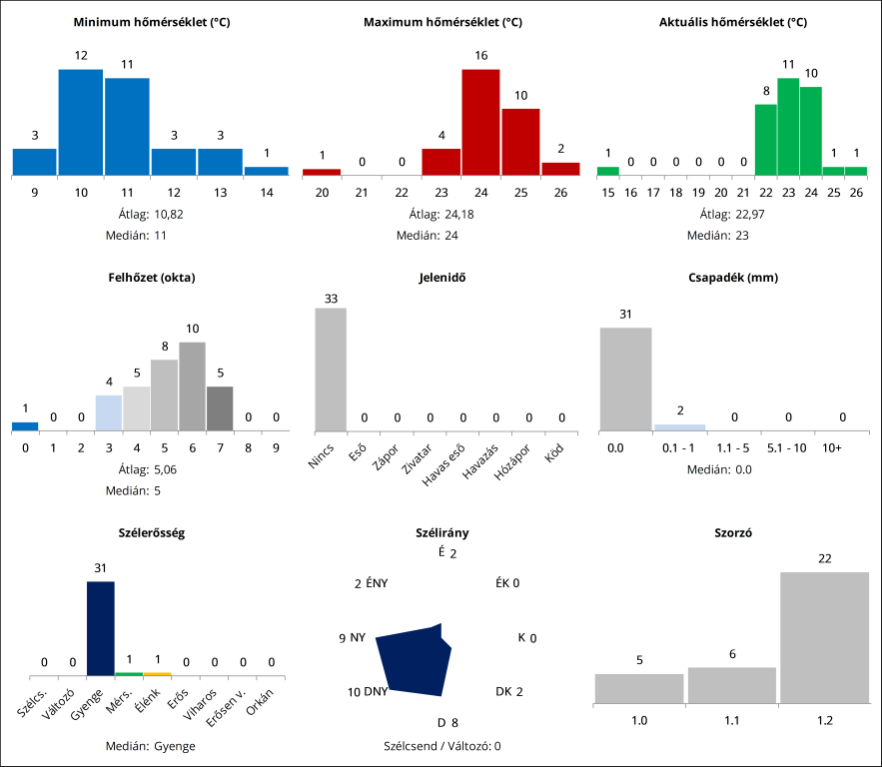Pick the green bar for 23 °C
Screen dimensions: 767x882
point(788,126)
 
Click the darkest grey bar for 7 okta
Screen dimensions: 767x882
point(220,408)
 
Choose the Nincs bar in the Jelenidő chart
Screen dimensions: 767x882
point(331,369)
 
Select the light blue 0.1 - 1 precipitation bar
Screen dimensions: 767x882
point(679,427)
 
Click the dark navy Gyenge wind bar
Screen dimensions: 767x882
point(100,628)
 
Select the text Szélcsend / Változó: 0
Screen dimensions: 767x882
point(441,745)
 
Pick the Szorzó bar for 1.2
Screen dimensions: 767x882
point(823,637)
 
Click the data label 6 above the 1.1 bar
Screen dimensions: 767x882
point(731,654)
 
